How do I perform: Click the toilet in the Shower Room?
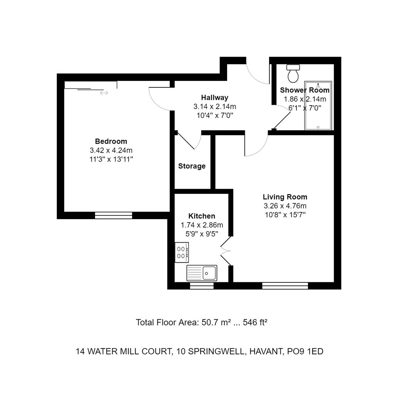pyautogui.click(x=293, y=73)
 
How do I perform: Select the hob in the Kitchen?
pyautogui.click(x=182, y=252)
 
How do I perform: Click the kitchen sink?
pyautogui.click(x=202, y=273)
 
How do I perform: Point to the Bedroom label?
pyautogui.click(x=111, y=141)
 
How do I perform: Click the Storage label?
pyautogui.click(x=192, y=166)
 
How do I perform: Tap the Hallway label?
pyautogui.click(x=214, y=97)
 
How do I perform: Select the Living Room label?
pyautogui.click(x=285, y=197)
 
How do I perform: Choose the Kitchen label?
pyautogui.click(x=202, y=216)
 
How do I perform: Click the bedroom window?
pyautogui.click(x=114, y=215)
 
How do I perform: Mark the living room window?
pyautogui.click(x=285, y=285)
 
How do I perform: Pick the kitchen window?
pyautogui.click(x=202, y=285)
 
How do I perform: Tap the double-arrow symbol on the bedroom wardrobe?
pyautogui.click(x=104, y=93)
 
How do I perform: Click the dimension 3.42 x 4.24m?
pyautogui.click(x=111, y=150)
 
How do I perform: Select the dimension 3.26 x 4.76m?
pyautogui.click(x=285, y=206)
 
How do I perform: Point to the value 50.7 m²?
pyautogui.click(x=216, y=322)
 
